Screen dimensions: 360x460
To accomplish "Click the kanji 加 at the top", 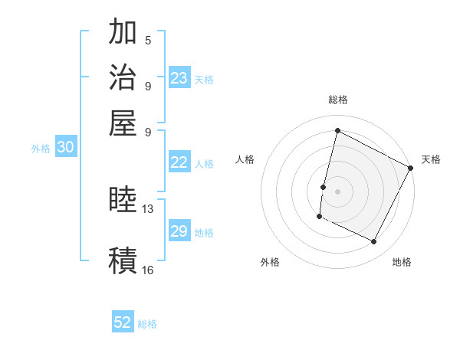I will (123, 34).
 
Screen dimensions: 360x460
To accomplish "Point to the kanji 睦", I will (123, 201).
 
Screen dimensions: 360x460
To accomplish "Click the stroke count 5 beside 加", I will (147, 41).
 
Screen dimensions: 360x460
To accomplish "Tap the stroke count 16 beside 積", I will (148, 270).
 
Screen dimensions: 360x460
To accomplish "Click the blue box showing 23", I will (179, 78).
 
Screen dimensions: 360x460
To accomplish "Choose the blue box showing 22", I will (179, 162).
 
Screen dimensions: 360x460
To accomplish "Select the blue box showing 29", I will (179, 231).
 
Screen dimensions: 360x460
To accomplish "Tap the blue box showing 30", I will (65, 148).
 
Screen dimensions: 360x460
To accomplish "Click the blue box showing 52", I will (123, 322).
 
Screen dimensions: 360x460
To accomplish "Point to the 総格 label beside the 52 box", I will (147, 324).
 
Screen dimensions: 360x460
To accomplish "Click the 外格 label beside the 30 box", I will (41, 149).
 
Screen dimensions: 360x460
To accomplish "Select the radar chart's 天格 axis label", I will (431, 159).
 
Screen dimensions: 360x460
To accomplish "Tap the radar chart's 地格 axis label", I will (402, 262).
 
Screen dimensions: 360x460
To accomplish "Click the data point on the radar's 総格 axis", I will (337, 131).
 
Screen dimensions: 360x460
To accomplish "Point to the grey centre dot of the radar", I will (337, 191).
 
